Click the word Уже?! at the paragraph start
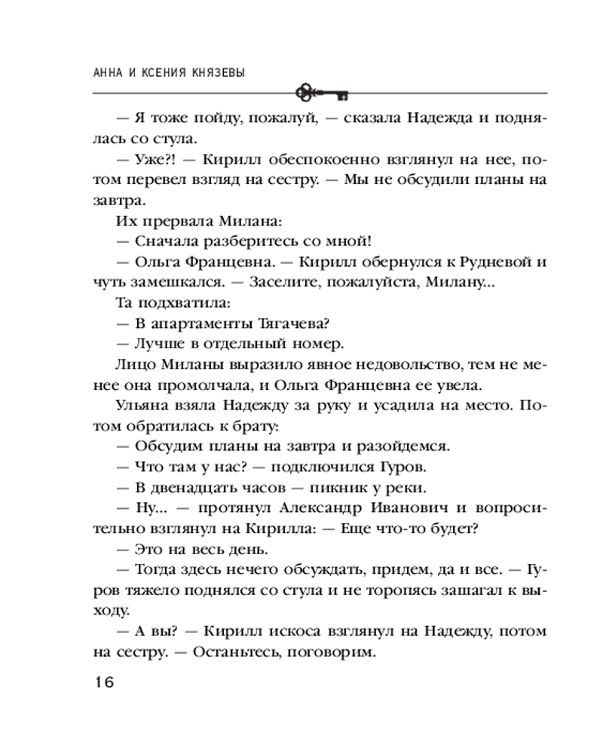pyautogui.click(x=156, y=161)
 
